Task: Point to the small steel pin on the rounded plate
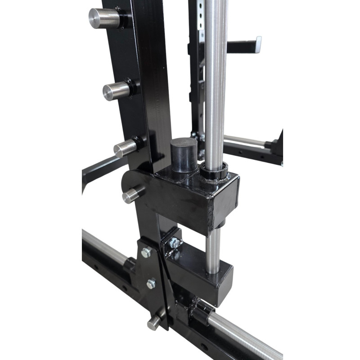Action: coord(131,195)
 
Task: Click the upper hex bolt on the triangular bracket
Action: coord(146,253)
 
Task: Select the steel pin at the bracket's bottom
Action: coord(154,322)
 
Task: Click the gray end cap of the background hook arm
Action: coord(258,44)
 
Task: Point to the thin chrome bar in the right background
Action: coord(245,141)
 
